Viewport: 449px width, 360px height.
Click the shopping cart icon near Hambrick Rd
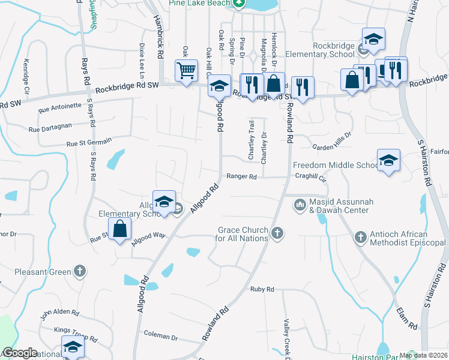point(186,70)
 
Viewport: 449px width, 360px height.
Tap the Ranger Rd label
point(241,177)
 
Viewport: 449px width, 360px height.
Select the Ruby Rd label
point(262,289)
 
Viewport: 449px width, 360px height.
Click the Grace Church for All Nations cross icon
point(277,233)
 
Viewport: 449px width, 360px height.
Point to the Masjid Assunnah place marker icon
point(300,206)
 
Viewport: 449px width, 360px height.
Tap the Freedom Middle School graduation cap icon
point(388,160)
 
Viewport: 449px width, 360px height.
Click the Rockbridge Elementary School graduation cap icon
point(373,40)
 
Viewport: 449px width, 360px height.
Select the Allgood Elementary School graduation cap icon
point(164,202)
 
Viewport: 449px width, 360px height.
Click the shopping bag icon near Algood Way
point(120,229)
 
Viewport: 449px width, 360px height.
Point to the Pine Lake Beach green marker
point(239,3)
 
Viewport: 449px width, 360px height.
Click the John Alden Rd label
point(59,313)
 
